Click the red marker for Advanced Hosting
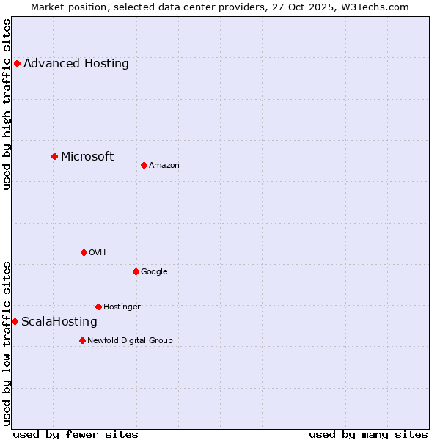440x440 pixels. click(x=17, y=63)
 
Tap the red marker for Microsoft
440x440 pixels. click(x=54, y=156)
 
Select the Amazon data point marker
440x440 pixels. click(x=144, y=165)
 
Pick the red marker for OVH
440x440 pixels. click(x=84, y=252)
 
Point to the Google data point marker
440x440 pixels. click(x=136, y=271)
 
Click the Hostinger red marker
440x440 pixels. click(x=98, y=307)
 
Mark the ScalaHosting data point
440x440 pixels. click(x=15, y=321)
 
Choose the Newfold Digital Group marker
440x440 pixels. click(x=82, y=340)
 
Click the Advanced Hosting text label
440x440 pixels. click(x=76, y=63)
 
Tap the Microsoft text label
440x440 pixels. click(x=87, y=156)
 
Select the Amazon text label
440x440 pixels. click(x=164, y=165)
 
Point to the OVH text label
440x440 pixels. click(x=98, y=252)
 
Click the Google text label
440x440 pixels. click(x=154, y=271)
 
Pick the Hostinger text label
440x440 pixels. click(x=122, y=307)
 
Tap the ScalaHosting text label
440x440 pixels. click(x=59, y=321)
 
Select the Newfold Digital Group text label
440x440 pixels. click(x=130, y=340)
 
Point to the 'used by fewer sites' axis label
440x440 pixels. click(x=76, y=434)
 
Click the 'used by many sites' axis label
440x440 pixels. click(x=368, y=434)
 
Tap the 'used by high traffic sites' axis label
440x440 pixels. click(x=7, y=104)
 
